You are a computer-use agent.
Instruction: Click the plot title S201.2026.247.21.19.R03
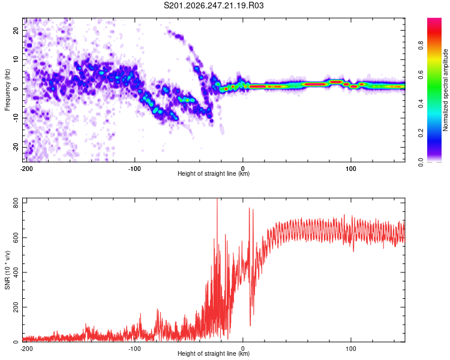pos(214,5)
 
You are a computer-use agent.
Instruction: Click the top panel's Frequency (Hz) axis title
pos(7,90)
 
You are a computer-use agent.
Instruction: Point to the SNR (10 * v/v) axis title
pos(7,270)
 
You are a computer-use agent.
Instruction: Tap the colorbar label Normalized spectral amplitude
pos(445,90)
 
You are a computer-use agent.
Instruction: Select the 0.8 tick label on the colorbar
pos(421,46)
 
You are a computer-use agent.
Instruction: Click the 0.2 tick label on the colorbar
pos(421,133)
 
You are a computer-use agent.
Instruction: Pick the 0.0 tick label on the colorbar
pos(421,163)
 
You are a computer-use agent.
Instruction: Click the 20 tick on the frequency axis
pos(16,31)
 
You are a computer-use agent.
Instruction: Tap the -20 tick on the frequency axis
pos(16,147)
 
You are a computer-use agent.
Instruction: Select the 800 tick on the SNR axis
pos(16,203)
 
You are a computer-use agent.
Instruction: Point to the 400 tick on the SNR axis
pos(16,272)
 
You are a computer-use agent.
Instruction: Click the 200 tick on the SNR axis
pos(16,307)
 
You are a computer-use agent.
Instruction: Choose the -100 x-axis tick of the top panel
pos(134,169)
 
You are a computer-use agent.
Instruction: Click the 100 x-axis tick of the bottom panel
pos(351,349)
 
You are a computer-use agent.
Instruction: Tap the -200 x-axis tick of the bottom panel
pos(26,349)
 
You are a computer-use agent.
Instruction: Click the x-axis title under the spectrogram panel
pos(214,173)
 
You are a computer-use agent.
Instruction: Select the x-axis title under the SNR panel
pos(214,353)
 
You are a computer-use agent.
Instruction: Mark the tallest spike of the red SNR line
pos(217,199)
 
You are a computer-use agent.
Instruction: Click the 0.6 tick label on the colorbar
pos(421,74)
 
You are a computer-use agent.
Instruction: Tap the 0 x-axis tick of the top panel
pos(243,169)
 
